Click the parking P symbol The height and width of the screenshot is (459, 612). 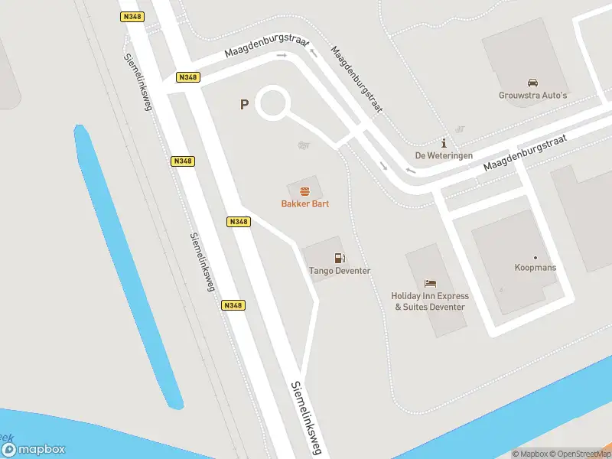point(244,105)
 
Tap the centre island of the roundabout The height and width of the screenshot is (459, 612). point(273,103)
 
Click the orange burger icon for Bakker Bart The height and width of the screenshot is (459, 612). point(304,191)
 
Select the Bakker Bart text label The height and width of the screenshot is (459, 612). point(304,204)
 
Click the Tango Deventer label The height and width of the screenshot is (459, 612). point(339,271)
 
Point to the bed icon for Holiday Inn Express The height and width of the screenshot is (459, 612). point(430,283)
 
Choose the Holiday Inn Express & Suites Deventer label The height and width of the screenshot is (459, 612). point(430,301)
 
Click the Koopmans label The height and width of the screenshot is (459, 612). point(535,268)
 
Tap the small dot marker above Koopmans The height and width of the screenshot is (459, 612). point(535,257)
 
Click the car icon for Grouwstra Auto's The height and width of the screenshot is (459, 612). point(532,83)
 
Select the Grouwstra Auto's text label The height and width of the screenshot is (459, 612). point(532,96)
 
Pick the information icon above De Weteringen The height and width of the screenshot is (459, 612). point(443,143)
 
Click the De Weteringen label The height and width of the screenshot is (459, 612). point(443,155)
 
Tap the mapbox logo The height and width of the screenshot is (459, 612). point(34,450)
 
